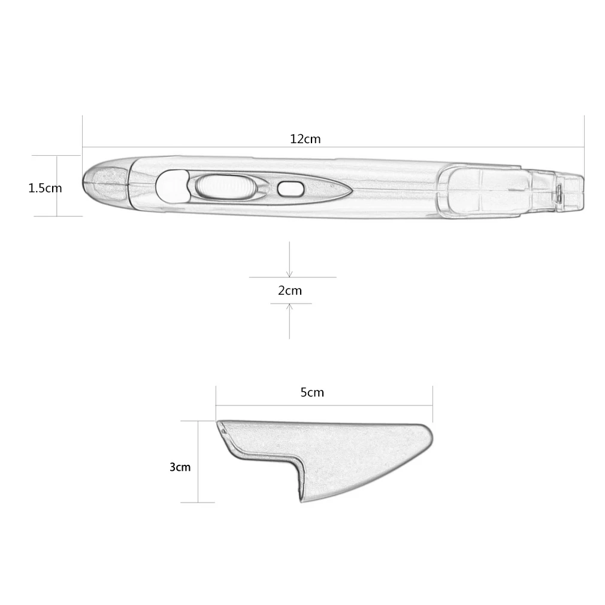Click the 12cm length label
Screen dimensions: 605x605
(305, 139)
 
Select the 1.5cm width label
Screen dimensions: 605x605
(45, 188)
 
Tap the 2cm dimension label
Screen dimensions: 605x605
(290, 291)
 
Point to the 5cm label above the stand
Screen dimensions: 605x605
(311, 392)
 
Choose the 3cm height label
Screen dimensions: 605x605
(180, 467)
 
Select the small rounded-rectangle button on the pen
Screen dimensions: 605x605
(290, 188)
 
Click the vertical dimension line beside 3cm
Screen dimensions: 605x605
(198, 461)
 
